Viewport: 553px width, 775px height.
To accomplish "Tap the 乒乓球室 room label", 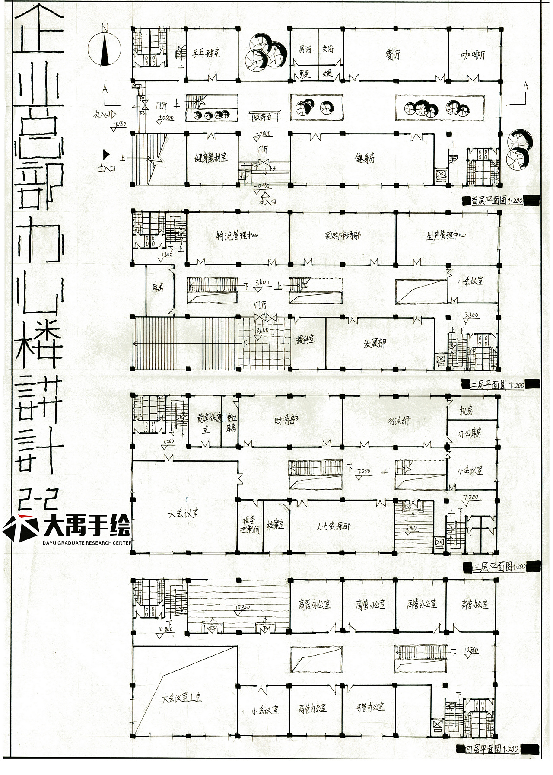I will (206, 54).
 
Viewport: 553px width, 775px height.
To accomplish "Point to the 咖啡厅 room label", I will (473, 55).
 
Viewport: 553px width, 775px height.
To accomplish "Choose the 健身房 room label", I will (365, 158).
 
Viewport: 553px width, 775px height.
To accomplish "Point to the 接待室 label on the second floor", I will (306, 340).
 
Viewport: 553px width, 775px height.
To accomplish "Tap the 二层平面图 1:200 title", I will (496, 385).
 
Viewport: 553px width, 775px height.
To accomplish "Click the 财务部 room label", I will (286, 420).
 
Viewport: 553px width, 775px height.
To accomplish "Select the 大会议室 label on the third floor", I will (184, 514).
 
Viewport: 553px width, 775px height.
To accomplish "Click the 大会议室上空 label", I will (182, 698).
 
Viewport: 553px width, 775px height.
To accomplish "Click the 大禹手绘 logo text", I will (86, 527).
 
